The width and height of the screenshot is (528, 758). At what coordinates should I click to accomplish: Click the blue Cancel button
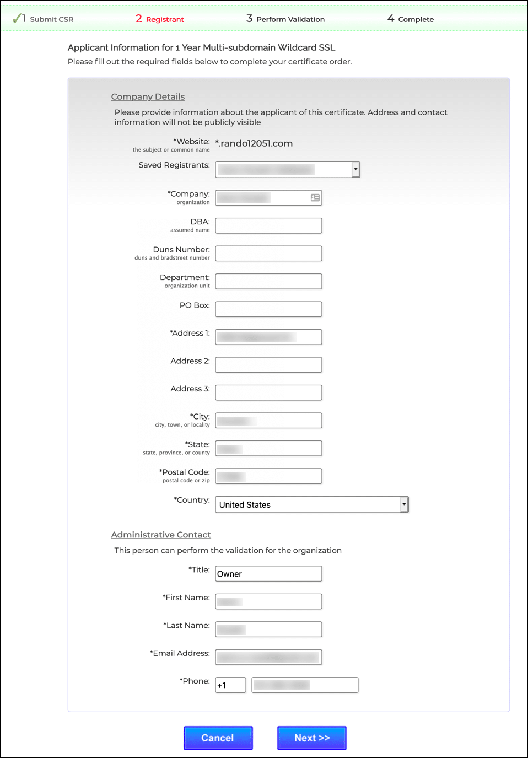[x=218, y=738]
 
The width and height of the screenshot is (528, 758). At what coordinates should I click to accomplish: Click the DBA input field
[x=268, y=225]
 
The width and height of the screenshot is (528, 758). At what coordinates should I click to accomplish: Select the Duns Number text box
[x=268, y=254]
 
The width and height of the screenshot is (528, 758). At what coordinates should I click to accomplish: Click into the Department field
[x=268, y=281]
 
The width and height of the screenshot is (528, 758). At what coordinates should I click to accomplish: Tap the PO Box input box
[x=268, y=309]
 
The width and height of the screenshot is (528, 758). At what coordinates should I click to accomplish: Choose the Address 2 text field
[x=268, y=365]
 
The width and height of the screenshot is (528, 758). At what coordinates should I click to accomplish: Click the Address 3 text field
[x=268, y=393]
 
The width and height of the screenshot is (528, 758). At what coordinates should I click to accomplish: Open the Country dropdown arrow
[x=404, y=504]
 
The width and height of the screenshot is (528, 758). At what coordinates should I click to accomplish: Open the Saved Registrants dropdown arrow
[x=355, y=169]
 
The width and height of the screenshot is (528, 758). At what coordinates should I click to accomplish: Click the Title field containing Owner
[x=268, y=574]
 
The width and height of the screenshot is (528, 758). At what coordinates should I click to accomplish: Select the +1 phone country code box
[x=230, y=685]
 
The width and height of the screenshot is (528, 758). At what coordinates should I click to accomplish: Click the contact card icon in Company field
[x=315, y=198]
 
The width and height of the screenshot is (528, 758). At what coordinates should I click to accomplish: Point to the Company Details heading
[x=148, y=96]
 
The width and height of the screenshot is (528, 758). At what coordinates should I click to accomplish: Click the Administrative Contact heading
[x=161, y=535]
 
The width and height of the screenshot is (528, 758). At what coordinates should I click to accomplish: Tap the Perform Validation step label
[x=290, y=19]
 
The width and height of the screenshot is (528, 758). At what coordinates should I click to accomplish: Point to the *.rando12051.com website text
[x=254, y=143]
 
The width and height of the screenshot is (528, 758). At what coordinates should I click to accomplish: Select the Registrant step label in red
[x=165, y=19]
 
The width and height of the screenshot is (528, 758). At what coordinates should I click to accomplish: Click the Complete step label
[x=416, y=19]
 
